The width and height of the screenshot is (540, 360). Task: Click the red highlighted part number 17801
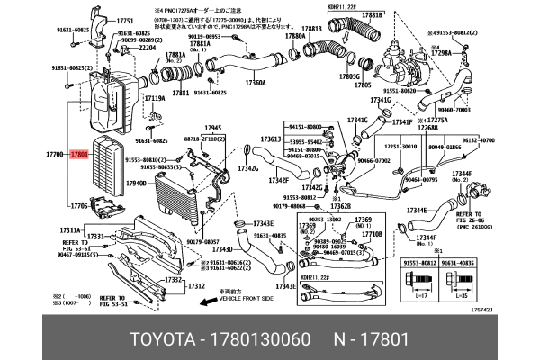click(79, 155)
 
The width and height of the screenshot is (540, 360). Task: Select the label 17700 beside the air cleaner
click(57, 155)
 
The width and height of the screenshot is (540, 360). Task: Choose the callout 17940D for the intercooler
click(137, 183)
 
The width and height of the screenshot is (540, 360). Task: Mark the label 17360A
click(255, 83)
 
